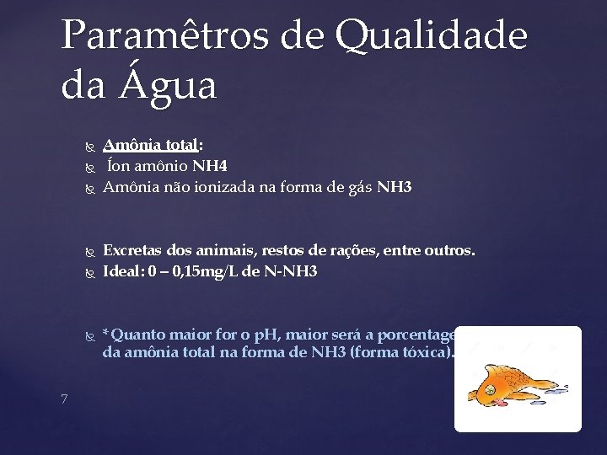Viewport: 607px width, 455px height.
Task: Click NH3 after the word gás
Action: [x=395, y=187]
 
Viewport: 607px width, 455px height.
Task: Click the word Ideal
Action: [x=123, y=271]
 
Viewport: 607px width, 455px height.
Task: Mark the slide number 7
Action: [x=65, y=399]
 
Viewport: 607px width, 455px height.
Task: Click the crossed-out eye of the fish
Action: [x=487, y=390]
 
